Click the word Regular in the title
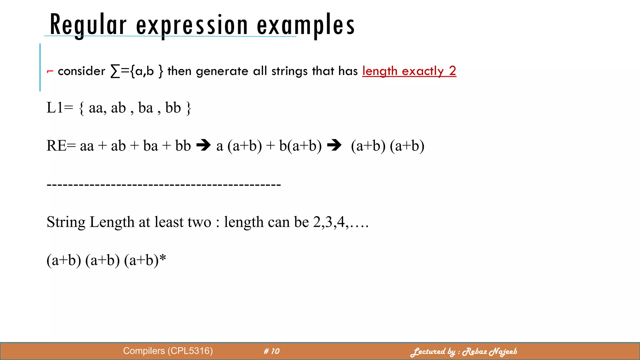tap(88, 25)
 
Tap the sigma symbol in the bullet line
tap(115, 71)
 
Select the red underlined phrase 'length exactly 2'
tap(409, 71)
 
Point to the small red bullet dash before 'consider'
tap(50, 72)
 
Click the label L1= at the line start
tap(59, 108)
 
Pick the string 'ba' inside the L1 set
tap(146, 108)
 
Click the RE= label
tap(61, 146)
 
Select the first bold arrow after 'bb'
tap(203, 145)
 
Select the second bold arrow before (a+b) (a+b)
tap(334, 145)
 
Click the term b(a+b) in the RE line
tap(300, 146)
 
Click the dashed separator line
tap(164, 185)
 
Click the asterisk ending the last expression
tap(162, 258)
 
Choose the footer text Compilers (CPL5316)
tap(168, 351)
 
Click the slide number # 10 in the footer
tap(272, 351)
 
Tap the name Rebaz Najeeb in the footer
tap(489, 352)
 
